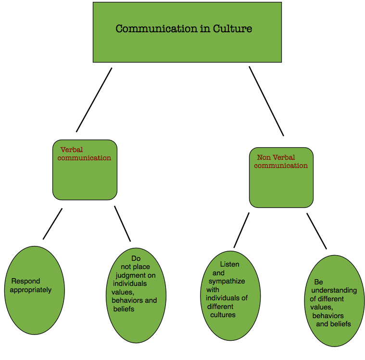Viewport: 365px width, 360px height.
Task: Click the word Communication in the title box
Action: (156, 29)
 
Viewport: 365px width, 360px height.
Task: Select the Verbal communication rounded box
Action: (85, 176)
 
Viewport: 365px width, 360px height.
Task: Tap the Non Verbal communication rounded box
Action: (281, 185)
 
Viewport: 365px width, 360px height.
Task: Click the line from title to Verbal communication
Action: (94, 100)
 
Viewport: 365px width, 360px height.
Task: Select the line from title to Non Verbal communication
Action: (266, 101)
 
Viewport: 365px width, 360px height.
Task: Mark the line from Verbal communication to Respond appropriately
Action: (52, 224)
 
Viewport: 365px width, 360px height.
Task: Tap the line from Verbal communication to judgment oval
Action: (122, 223)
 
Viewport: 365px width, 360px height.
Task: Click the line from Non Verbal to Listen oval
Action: (241, 230)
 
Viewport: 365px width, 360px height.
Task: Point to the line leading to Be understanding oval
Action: (316, 231)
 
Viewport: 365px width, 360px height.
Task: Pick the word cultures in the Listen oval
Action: (223, 315)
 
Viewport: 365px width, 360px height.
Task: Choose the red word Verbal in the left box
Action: (72, 150)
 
